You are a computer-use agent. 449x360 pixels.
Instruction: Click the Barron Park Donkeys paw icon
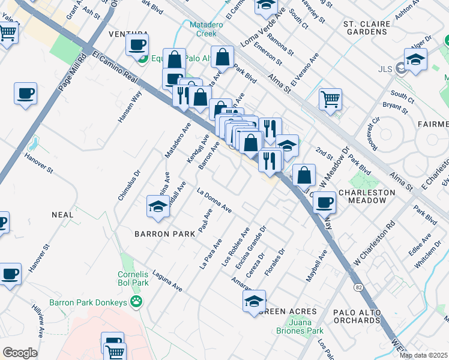pyautogui.click(x=137, y=302)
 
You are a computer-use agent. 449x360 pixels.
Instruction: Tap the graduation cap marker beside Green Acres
pyautogui.click(x=255, y=301)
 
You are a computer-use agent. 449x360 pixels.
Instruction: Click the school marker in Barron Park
pyautogui.click(x=158, y=206)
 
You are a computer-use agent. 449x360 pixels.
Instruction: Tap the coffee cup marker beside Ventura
pyautogui.click(x=137, y=44)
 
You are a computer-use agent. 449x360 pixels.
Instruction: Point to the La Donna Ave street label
pyautogui.click(x=214, y=200)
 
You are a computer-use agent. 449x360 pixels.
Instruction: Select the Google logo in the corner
pyautogui.click(x=20, y=352)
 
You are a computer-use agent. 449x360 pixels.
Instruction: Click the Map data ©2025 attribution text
pyautogui.click(x=423, y=355)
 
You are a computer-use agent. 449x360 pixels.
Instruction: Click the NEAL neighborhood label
pyautogui.click(x=62, y=214)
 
